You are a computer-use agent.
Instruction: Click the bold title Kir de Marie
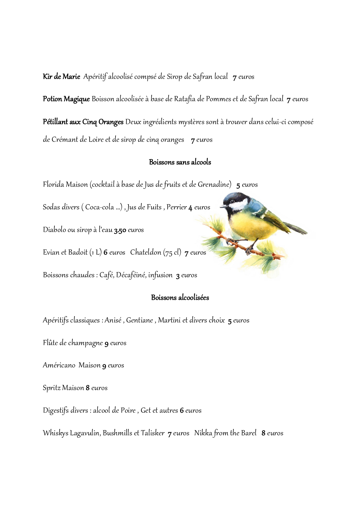[61, 77]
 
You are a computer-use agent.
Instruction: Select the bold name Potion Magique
[66, 99]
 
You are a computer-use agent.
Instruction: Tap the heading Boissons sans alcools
[180, 162]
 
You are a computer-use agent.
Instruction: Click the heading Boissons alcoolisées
[180, 298]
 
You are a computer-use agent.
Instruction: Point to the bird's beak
[222, 207]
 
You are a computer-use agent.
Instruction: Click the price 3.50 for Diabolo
[120, 230]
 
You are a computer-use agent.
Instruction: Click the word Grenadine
[214, 184]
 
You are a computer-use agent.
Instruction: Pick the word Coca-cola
[100, 207]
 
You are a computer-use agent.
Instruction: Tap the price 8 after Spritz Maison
[88, 388]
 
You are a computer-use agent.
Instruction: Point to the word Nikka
[203, 433]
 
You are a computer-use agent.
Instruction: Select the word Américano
[59, 365]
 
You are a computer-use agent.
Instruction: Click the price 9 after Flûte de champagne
[106, 343]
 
